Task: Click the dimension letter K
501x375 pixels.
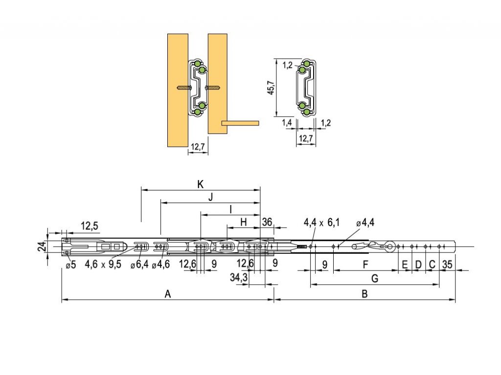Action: point(200,184)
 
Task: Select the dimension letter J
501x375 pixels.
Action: point(210,197)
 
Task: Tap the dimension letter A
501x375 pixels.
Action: point(168,294)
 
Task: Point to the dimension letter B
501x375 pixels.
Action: point(364,294)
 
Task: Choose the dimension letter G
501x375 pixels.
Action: point(375,279)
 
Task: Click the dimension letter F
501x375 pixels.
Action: point(366,265)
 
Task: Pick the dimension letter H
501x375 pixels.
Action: point(244,222)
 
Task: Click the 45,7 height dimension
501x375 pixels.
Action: point(271,87)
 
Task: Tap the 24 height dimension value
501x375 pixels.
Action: point(43,247)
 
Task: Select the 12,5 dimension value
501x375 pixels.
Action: point(90,226)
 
